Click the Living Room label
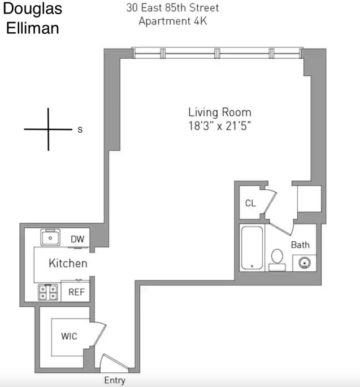click(219, 112)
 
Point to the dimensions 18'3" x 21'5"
click(219, 126)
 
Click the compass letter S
click(80, 129)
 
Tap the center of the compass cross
click(48, 129)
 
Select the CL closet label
click(250, 203)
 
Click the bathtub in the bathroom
click(252, 248)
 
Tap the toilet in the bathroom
click(277, 258)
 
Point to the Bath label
click(300, 245)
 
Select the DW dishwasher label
click(77, 239)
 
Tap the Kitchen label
click(68, 263)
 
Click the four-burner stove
click(47, 292)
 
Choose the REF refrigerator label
click(77, 292)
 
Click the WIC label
click(69, 336)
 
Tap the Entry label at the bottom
click(115, 380)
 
